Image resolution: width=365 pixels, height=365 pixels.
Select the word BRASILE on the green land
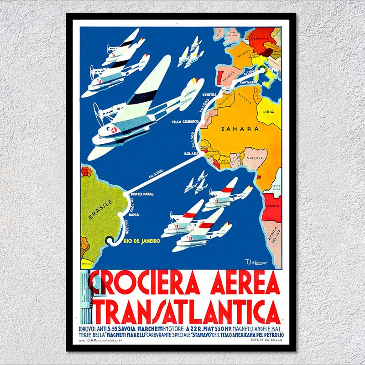100,209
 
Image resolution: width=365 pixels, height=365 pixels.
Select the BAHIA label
133,213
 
